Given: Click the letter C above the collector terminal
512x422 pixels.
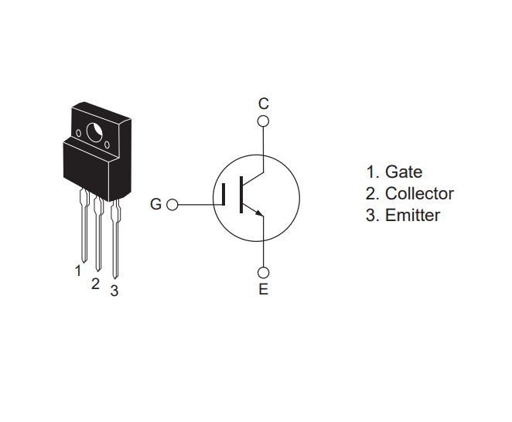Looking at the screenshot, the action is coord(263,104).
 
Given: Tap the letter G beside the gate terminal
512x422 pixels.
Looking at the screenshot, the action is coord(155,204).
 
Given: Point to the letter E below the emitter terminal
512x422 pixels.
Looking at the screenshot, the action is coord(264,289).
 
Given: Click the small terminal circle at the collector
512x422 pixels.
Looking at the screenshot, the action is coord(263,121).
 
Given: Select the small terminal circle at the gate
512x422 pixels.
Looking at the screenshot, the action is coord(172,205).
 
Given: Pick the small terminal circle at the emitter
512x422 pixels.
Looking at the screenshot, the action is coord(263,273).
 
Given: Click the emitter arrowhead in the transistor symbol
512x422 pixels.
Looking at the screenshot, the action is coord(259,213).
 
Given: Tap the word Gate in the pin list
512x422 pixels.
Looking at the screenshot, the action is coord(404,172).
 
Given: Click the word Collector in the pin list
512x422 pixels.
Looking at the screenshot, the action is coord(419,193).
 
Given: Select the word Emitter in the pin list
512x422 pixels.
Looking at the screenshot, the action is coord(412,216).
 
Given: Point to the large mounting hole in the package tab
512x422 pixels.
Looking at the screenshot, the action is coord(94,133).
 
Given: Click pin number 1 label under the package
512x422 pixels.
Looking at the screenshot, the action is coord(77,271).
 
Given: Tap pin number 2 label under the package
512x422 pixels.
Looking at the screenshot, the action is coord(95,284).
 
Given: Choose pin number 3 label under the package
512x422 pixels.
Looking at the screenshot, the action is coord(114,291).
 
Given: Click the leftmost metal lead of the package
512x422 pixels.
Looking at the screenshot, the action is coord(84,225).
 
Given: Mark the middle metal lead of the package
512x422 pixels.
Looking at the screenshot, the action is coord(98,233).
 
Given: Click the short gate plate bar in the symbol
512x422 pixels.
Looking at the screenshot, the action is coord(224,195).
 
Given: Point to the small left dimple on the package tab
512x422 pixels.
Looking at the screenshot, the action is coord(78,133).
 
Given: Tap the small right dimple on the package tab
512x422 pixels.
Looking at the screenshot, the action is coord(107,145).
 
